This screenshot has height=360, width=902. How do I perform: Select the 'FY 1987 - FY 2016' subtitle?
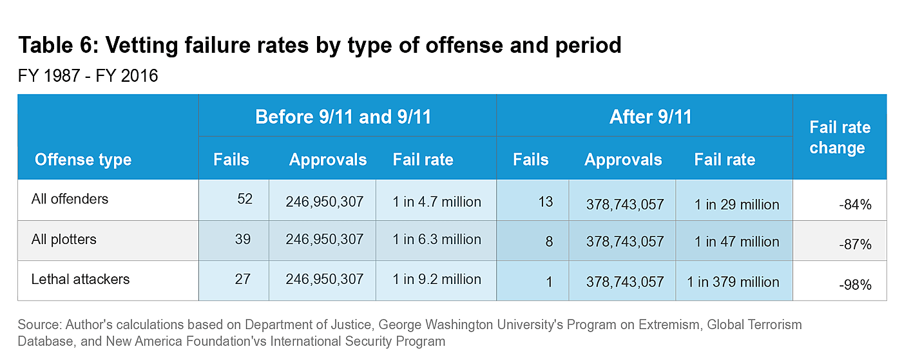click(x=88, y=76)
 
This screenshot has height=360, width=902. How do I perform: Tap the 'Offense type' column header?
click(x=83, y=160)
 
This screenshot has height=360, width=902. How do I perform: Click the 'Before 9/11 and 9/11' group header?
click(x=343, y=117)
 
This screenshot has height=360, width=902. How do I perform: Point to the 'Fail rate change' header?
click(x=840, y=137)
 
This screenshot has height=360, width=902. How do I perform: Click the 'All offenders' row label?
click(x=70, y=199)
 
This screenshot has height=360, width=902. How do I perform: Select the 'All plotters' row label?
click(x=64, y=240)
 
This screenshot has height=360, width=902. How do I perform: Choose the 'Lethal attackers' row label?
click(x=81, y=279)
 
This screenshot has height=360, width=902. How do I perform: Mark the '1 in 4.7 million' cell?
click(x=437, y=202)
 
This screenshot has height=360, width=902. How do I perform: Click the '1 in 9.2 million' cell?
click(x=437, y=279)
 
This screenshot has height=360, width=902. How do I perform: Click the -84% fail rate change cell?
click(x=856, y=205)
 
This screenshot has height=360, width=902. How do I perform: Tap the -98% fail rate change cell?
click(x=856, y=285)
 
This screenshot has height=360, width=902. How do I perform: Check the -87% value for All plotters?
click(x=856, y=245)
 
